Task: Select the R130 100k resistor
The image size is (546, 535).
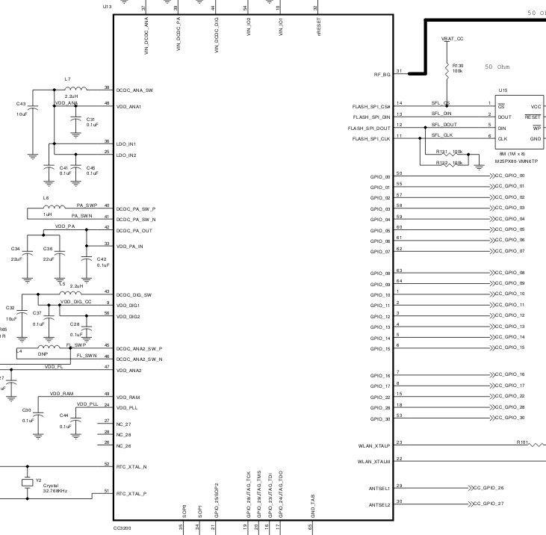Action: pos(447,67)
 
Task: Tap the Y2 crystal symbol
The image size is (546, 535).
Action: pos(28,483)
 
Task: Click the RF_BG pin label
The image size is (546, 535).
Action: pos(382,75)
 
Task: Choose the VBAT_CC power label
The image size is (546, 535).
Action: pos(452,37)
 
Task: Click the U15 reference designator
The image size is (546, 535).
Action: pos(503,90)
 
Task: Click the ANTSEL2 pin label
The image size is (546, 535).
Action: pos(379,505)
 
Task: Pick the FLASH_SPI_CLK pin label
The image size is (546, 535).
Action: pos(371,138)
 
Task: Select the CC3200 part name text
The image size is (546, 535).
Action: pos(122,528)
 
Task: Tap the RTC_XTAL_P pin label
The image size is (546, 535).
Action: pos(131,494)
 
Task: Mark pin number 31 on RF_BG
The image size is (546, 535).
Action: pos(400,71)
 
